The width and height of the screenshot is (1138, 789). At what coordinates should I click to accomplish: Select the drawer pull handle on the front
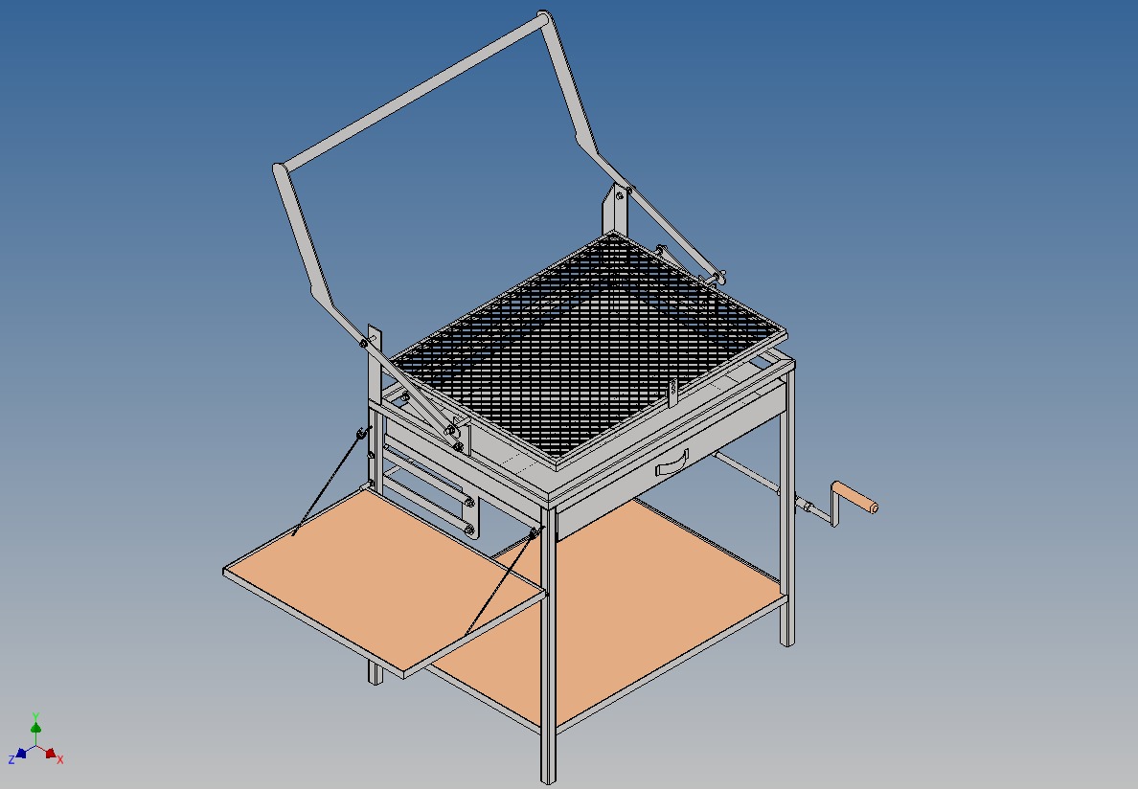tap(671, 464)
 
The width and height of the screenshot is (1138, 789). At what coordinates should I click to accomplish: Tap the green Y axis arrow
tap(35, 726)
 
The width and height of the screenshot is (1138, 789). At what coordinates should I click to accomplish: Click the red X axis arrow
tap(51, 754)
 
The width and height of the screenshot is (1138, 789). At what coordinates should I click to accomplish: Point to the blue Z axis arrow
tap(20, 754)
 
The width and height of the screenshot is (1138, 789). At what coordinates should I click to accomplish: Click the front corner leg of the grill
tap(549, 670)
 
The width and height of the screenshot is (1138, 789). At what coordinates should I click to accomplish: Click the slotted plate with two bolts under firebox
tap(431, 493)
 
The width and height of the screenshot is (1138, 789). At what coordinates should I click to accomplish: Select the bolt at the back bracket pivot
tap(620, 195)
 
